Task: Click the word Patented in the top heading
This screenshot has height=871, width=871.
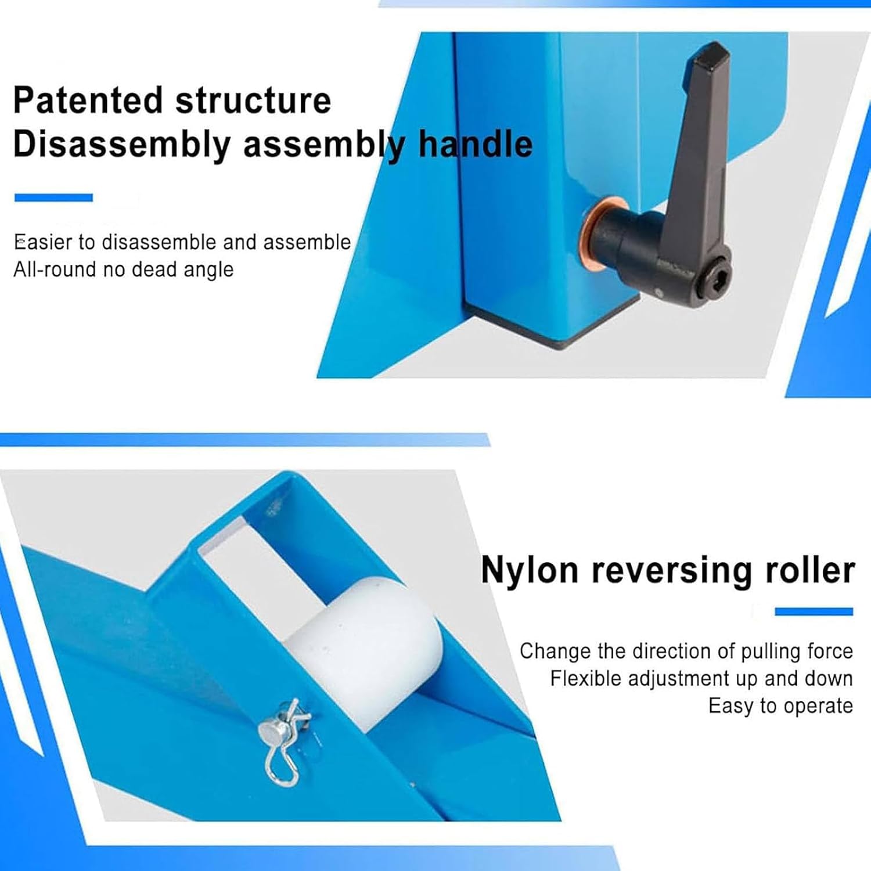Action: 88,100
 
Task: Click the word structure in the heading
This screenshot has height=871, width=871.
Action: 253,100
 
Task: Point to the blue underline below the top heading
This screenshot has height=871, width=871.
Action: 53,197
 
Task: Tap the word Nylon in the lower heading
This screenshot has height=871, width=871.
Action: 530,570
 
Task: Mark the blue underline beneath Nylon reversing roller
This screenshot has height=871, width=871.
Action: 814,611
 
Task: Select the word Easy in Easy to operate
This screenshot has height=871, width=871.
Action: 732,706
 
